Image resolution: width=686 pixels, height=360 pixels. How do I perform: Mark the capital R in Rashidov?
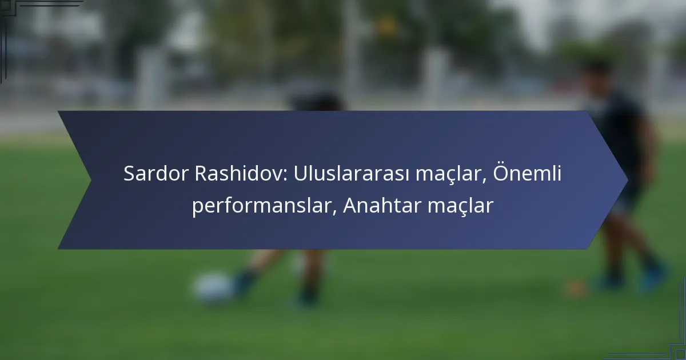201,174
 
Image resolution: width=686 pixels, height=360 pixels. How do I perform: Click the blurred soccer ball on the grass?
212,287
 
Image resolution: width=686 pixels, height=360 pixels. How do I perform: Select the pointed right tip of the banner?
627,181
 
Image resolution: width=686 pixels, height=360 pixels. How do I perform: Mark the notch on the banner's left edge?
90,181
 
